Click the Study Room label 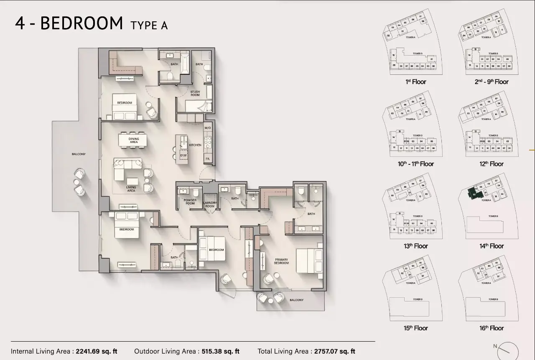195,93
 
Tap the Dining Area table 133,140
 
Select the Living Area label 131,189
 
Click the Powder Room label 190,202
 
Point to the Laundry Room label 210,204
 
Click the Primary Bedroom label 281,261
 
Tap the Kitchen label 195,145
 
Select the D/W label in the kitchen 183,156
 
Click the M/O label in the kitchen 208,128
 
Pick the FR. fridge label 207,159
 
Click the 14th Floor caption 492,246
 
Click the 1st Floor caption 416,82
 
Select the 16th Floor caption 492,328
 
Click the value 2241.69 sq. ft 97,351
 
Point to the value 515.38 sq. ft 220,351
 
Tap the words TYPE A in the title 149,25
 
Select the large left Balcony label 79,154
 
